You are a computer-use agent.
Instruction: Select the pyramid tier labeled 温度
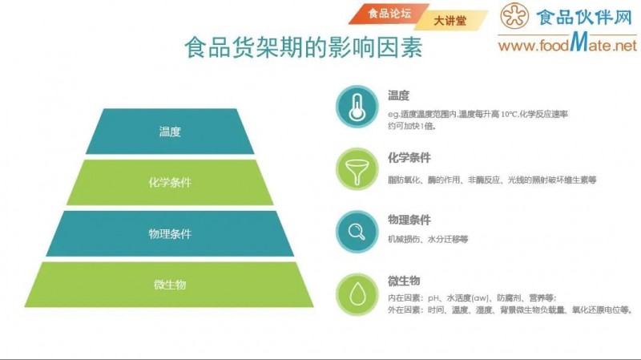[170, 131]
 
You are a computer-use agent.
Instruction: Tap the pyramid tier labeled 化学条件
[170, 182]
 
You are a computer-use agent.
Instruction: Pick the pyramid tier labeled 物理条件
[170, 233]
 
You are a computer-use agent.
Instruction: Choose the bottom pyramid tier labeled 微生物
[170, 285]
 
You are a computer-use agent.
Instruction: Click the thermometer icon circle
[357, 108]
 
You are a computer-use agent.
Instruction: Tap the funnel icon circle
[357, 169]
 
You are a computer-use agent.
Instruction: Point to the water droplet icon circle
[357, 293]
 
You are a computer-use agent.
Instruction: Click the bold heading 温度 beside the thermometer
[398, 95]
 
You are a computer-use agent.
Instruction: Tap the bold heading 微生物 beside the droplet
[404, 281]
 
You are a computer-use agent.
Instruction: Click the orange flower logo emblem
[515, 18]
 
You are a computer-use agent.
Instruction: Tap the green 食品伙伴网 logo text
[585, 18]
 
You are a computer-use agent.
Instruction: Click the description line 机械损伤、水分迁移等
[428, 239]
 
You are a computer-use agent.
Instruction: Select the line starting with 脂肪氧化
[492, 180]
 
